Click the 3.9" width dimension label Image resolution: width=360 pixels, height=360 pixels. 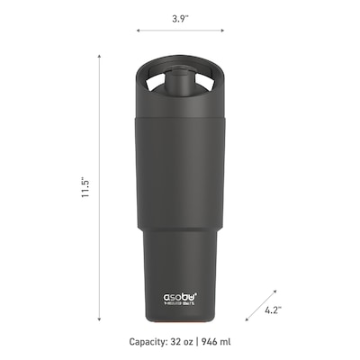tap(179, 17)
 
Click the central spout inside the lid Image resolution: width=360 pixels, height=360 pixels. tap(181, 86)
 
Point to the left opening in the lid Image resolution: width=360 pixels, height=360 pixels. tap(157, 84)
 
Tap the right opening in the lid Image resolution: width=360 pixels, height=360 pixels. tap(204, 84)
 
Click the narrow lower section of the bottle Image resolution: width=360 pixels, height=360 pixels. tap(180, 261)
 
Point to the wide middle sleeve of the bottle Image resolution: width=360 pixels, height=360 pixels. tap(180, 171)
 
